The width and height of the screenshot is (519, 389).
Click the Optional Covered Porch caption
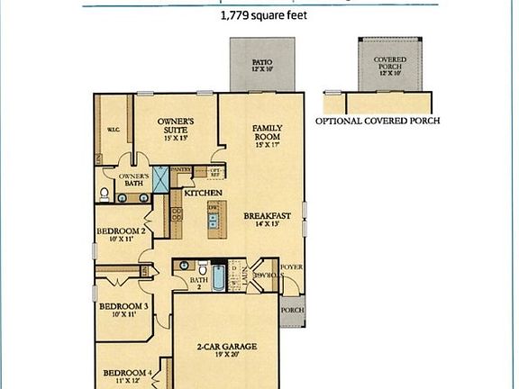(x=378, y=120)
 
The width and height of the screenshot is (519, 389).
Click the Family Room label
(x=268, y=135)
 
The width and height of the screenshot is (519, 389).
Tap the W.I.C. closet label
(x=114, y=127)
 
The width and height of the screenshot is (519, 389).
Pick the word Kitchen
(x=203, y=193)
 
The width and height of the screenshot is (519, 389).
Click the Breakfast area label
(x=266, y=216)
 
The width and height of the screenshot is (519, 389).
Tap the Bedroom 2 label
(x=122, y=235)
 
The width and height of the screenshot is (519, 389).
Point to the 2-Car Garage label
(x=224, y=347)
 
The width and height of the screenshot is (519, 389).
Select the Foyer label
(x=292, y=267)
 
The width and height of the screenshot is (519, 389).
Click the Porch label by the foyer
(x=293, y=312)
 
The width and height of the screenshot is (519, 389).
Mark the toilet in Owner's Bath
(x=105, y=194)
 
